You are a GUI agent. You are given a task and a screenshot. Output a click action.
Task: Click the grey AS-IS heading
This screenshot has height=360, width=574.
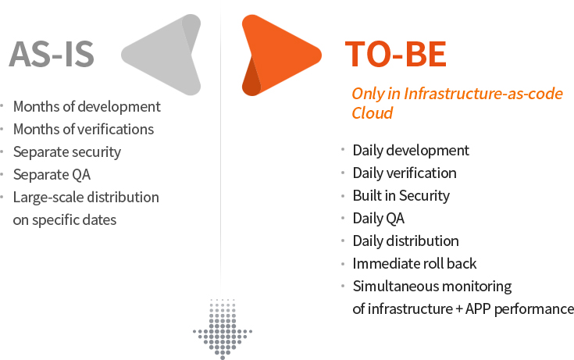(52, 54)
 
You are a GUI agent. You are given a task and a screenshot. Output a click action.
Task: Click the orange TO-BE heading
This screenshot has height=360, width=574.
(396, 54)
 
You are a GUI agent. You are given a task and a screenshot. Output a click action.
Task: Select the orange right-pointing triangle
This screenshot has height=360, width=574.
(281, 55)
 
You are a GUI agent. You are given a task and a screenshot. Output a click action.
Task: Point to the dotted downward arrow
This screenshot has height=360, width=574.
(223, 329)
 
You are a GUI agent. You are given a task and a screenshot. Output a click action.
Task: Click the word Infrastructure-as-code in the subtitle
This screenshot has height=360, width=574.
(483, 94)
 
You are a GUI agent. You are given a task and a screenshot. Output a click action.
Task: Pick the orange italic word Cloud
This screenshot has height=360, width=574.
(373, 112)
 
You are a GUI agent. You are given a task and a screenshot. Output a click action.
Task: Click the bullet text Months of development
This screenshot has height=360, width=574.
(87, 106)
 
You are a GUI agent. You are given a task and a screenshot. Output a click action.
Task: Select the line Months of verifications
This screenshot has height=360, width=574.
(84, 130)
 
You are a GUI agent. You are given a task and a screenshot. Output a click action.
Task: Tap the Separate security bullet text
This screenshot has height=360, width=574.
(67, 152)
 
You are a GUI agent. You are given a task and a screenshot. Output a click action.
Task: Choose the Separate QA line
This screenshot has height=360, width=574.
(52, 175)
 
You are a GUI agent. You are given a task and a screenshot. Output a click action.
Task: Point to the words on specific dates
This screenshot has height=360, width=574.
(64, 220)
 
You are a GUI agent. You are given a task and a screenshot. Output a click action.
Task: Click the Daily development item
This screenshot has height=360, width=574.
(411, 151)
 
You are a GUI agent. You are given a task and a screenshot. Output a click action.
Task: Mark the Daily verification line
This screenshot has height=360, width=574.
(405, 173)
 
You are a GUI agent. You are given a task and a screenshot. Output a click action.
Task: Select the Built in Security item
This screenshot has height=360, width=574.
(401, 196)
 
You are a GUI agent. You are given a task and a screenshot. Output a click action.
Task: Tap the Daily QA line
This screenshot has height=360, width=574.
(379, 219)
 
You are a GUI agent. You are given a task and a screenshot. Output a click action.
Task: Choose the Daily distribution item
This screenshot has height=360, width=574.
(405, 241)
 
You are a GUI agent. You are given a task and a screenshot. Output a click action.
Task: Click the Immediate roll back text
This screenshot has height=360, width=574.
(415, 264)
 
